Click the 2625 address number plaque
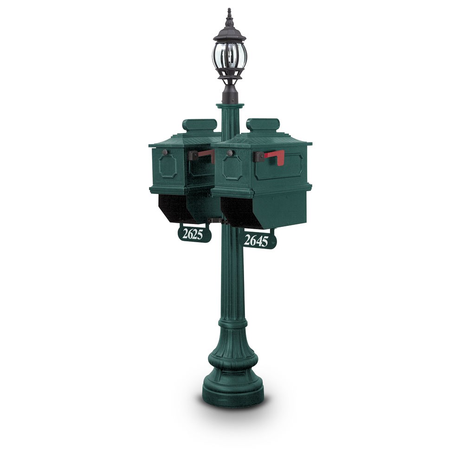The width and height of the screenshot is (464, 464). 194,234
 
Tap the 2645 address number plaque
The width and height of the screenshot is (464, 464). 259,241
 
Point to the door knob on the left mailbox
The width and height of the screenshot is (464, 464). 165,152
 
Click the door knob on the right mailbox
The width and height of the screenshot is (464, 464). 229,153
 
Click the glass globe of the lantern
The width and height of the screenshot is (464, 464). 229,56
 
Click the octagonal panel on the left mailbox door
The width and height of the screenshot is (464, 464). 168,167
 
